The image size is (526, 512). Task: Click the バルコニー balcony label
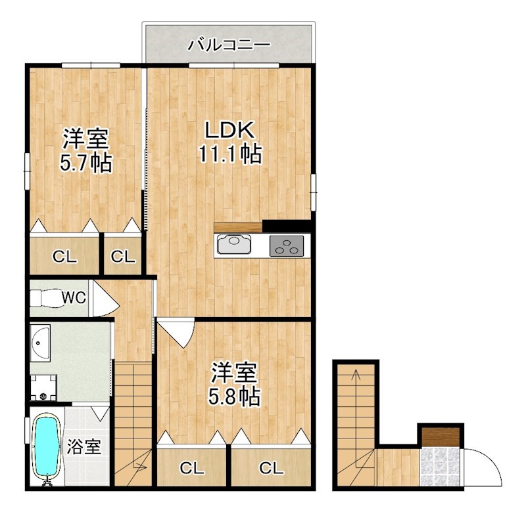point(229,45)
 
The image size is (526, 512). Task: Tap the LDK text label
point(229,130)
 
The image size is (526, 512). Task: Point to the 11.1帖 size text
point(230,154)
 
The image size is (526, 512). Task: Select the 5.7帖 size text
point(86,162)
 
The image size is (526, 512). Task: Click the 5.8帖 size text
point(234,396)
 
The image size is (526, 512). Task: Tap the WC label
point(74,298)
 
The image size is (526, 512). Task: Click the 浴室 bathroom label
point(84,447)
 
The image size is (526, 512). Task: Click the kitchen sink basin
point(234,245)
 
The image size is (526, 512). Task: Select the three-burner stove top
point(287,246)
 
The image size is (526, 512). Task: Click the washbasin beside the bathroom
point(40,343)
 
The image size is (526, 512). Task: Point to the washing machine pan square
point(43,388)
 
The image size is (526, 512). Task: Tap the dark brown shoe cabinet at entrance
point(441,437)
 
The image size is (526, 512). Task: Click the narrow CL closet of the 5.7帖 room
point(123,256)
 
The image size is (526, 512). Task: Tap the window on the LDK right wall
point(313,192)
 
